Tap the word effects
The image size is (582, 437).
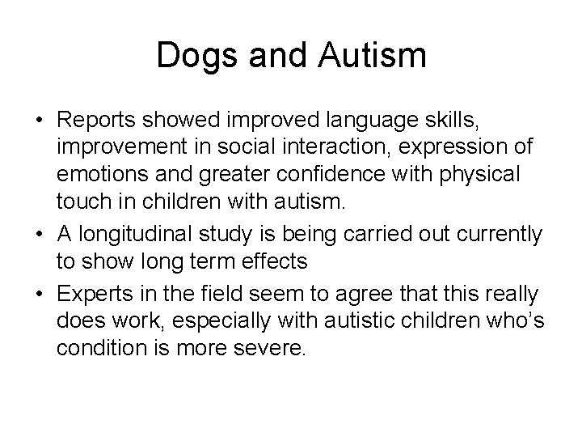tap(274, 261)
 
